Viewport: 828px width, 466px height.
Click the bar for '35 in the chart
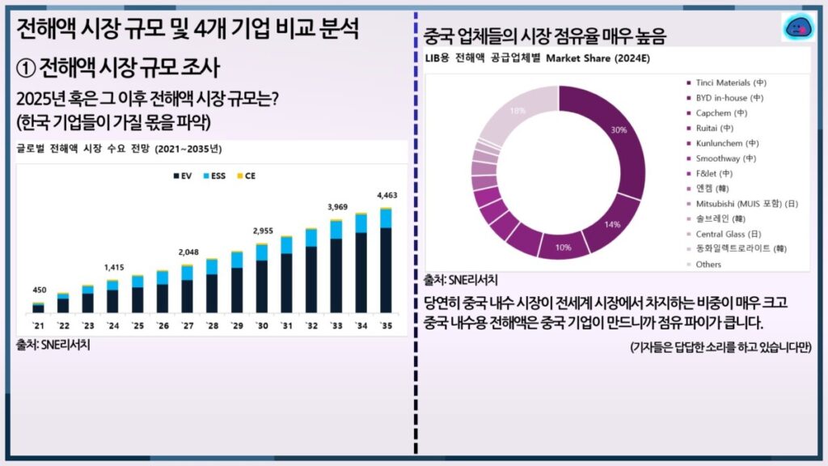pyautogui.click(x=386, y=261)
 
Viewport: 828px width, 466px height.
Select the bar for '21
pyautogui.click(x=39, y=308)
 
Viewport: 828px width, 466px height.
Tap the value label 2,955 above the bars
pyautogui.click(x=263, y=231)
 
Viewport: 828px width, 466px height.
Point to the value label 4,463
pyautogui.click(x=387, y=195)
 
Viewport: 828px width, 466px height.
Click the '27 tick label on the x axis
pyautogui.click(x=188, y=326)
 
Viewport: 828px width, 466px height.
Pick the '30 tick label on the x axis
pyautogui.click(x=262, y=326)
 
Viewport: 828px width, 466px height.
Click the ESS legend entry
pyautogui.click(x=214, y=176)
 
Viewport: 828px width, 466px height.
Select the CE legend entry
pyautogui.click(x=246, y=176)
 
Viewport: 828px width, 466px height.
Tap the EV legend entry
pyautogui.click(x=183, y=176)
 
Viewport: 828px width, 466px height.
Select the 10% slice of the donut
pyautogui.click(x=563, y=246)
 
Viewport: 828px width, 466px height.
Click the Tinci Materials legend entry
pyautogui.click(x=727, y=83)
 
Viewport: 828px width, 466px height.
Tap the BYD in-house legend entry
pyautogui.click(x=725, y=98)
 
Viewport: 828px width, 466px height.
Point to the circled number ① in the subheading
pyautogui.click(x=25, y=68)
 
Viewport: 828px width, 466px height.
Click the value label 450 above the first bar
pyautogui.click(x=40, y=290)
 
